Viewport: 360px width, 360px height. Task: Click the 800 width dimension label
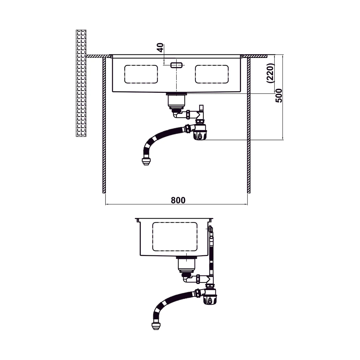(x=178, y=200)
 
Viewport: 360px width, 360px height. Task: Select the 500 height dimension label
(x=279, y=96)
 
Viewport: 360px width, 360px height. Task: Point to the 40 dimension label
(x=160, y=48)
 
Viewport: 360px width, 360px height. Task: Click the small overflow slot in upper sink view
(x=176, y=65)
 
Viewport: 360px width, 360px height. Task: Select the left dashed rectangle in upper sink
(x=141, y=74)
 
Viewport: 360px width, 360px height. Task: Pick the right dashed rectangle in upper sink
(x=212, y=74)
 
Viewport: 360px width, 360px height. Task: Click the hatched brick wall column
(x=81, y=83)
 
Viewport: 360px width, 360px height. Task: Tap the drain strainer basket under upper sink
(x=176, y=101)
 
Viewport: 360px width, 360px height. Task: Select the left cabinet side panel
(x=104, y=125)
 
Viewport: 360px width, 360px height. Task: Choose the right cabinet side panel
(x=249, y=125)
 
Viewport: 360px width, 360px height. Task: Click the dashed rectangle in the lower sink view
(x=175, y=237)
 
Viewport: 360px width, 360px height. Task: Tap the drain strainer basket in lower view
(x=186, y=265)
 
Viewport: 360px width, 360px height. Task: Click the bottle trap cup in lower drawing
(x=210, y=299)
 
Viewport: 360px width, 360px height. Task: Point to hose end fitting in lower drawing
(x=156, y=326)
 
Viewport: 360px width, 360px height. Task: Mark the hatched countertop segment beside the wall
(x=98, y=56)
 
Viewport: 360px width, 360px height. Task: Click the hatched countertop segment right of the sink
(x=255, y=56)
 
